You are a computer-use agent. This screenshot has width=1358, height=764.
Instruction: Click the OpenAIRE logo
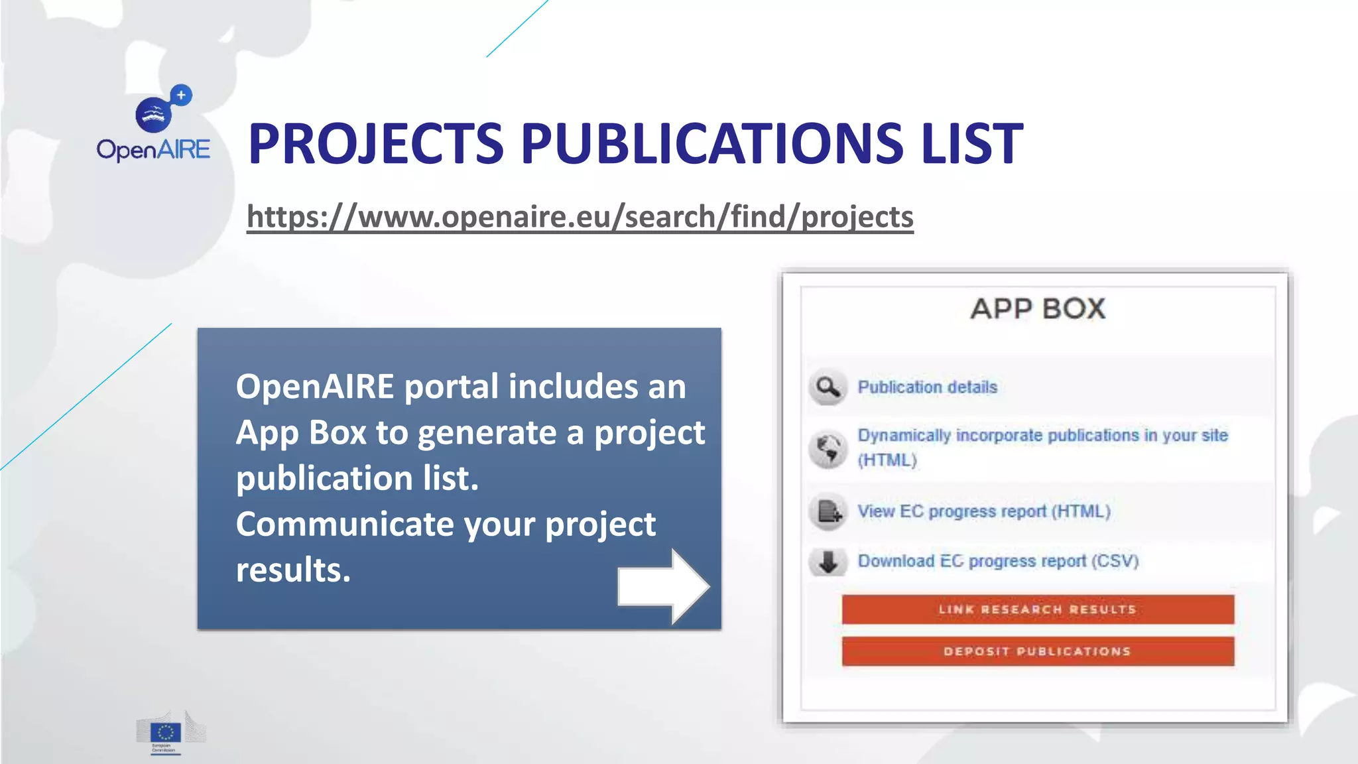[153, 125]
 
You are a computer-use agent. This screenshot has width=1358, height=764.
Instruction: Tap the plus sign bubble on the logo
[180, 95]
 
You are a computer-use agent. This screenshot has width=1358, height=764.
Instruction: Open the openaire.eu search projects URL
[580, 217]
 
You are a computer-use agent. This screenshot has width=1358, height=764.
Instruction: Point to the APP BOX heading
[1038, 309]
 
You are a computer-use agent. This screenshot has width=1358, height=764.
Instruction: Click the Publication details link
[927, 387]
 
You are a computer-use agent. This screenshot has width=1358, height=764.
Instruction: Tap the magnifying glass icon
[828, 387]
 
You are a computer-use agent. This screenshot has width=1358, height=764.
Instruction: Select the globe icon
[828, 448]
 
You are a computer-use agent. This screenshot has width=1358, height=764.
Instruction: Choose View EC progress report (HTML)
[983, 511]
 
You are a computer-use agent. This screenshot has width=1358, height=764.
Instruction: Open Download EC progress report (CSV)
[998, 561]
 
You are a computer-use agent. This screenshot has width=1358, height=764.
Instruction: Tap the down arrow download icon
[828, 562]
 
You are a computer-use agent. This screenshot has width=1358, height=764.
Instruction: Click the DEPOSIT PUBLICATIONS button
[1038, 651]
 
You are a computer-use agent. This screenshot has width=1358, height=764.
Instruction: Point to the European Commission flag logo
[166, 732]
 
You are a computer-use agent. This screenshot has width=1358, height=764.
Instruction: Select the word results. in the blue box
[293, 570]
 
